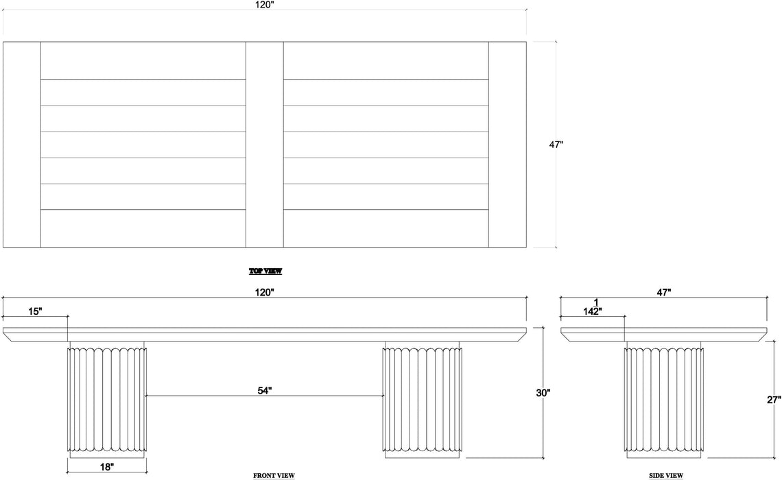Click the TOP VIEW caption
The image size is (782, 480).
(265, 271)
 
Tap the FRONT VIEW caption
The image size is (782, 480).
(274, 475)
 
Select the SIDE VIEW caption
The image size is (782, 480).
(666, 475)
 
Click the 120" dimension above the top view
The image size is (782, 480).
(265, 5)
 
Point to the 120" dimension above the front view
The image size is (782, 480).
(265, 293)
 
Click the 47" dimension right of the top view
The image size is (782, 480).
(556, 145)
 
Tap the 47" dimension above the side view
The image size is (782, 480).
(663, 293)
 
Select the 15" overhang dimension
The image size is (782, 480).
(35, 311)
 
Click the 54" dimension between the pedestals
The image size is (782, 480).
(264, 391)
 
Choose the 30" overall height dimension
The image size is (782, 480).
(543, 393)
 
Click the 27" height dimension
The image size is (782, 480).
(774, 399)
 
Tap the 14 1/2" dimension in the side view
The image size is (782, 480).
(593, 307)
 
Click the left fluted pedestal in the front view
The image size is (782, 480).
(107, 400)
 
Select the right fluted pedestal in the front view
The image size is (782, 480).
(422, 400)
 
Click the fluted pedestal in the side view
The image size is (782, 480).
(664, 400)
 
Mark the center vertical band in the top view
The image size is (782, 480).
(265, 145)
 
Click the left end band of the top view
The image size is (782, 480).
(22, 145)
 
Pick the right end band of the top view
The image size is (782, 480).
(507, 145)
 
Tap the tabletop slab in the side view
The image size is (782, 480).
(664, 335)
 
